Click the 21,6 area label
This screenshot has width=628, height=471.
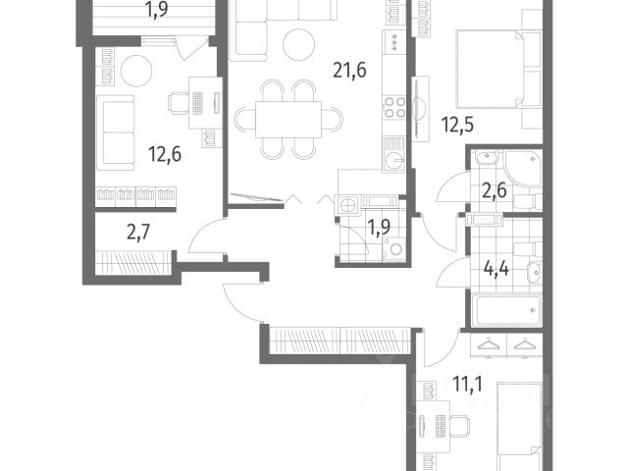click(349, 71)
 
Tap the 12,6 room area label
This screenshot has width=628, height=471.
click(165, 154)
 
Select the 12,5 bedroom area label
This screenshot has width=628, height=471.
click(457, 125)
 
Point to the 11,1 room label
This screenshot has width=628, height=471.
click(467, 384)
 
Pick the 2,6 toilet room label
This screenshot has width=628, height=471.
click(494, 190)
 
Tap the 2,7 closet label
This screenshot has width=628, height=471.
click(138, 233)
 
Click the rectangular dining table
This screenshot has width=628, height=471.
click(288, 120)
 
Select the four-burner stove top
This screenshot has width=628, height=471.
click(394, 107)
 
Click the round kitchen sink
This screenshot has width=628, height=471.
click(394, 161)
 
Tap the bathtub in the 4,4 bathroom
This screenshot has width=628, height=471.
click(507, 310)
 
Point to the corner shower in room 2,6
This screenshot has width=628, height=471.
click(523, 168)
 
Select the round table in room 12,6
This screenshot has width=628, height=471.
click(136, 71)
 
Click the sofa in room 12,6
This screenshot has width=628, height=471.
click(116, 133)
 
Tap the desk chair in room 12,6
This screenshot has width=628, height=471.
click(179, 103)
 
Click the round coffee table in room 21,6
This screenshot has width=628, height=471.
click(298, 44)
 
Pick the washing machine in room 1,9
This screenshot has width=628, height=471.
click(394, 250)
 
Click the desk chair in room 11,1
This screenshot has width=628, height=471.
click(460, 426)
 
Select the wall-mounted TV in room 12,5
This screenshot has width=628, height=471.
click(419, 108)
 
